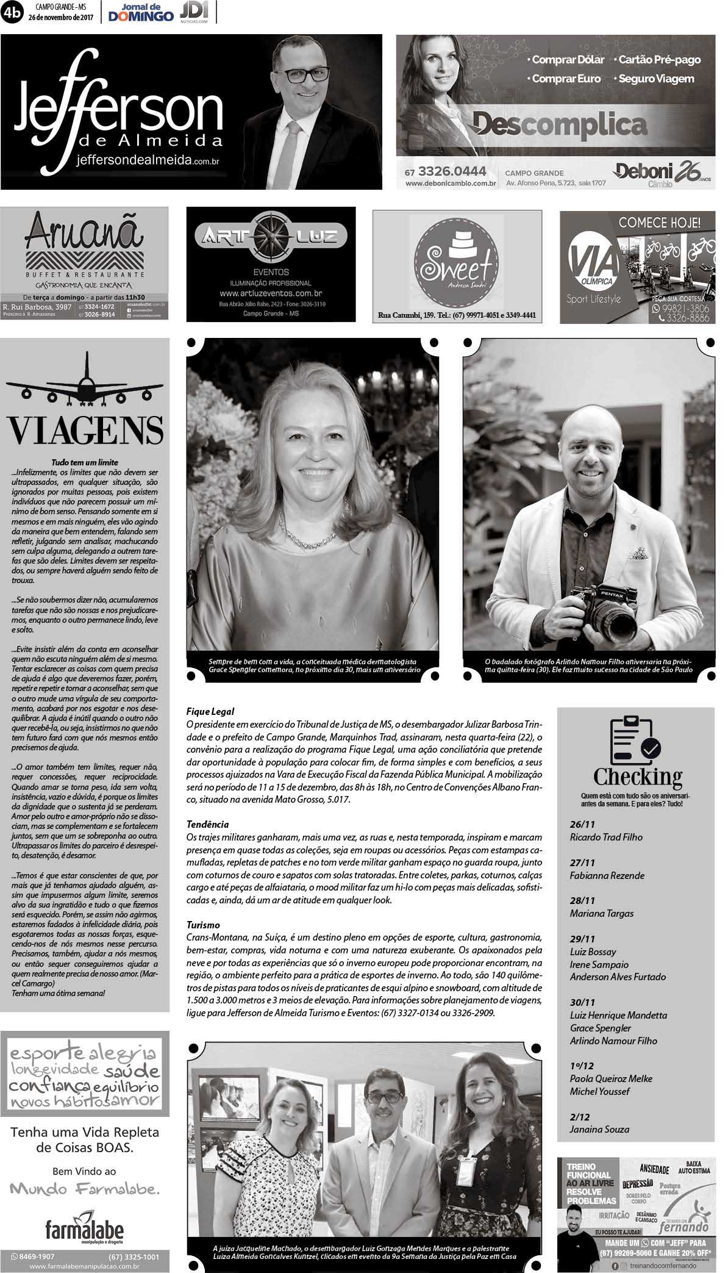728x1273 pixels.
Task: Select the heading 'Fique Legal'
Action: (x=210, y=711)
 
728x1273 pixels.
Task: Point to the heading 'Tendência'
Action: (x=208, y=824)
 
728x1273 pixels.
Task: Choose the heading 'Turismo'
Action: (x=203, y=925)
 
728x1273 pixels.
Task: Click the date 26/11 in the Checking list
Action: (x=582, y=824)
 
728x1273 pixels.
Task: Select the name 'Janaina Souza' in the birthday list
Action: (x=599, y=1129)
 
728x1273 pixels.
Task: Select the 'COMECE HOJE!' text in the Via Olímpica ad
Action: (x=659, y=222)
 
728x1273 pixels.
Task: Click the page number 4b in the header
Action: (x=13, y=12)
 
